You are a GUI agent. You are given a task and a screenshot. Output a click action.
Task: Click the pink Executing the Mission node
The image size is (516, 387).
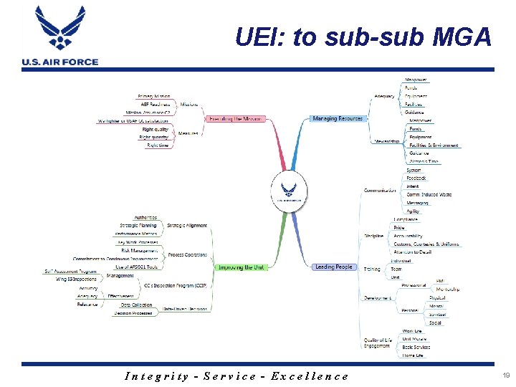[235, 118]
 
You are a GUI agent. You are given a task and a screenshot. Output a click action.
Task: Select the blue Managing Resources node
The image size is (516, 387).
[338, 118]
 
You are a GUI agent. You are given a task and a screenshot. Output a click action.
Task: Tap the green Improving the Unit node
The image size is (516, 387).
[240, 267]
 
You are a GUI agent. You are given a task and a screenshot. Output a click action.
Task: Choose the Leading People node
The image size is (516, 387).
[334, 267]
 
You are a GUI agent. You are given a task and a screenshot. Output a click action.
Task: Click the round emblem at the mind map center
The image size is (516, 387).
[289, 192]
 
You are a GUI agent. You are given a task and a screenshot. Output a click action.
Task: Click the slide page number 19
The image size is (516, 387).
[506, 375]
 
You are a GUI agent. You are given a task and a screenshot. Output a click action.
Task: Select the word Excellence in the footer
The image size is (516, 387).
[310, 376]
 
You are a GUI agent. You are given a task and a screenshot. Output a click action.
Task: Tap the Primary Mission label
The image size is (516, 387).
[153, 96]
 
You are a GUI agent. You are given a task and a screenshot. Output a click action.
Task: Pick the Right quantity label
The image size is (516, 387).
[154, 137]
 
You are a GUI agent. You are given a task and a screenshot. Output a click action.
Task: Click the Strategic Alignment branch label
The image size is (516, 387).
[186, 226]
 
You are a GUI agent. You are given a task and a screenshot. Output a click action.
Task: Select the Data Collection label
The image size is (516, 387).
[136, 305]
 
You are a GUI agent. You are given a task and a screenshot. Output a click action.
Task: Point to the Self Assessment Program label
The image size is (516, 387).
[70, 272]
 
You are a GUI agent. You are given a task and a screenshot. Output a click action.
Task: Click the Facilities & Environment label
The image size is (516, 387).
[434, 145]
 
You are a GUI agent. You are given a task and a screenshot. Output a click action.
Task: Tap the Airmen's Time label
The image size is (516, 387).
[424, 161]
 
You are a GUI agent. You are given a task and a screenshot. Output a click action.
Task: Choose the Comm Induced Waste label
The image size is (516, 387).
[429, 194]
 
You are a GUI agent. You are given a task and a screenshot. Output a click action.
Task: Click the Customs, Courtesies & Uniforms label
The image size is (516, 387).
[426, 244]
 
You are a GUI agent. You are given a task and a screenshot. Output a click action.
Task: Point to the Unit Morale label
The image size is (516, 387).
[414, 338]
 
